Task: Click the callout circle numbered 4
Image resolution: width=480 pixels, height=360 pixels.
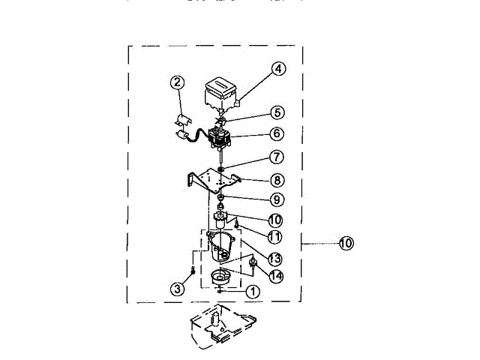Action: click(278, 69)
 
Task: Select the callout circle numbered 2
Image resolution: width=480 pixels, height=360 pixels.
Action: click(177, 82)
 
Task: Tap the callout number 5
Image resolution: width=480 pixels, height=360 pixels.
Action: click(277, 112)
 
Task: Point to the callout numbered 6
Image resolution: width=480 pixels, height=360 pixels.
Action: click(277, 133)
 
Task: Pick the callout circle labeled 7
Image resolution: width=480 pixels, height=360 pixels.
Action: click(277, 157)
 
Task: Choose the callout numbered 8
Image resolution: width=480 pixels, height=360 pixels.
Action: click(277, 180)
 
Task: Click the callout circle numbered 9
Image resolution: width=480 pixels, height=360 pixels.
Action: click(277, 199)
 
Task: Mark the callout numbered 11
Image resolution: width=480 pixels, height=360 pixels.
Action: click(275, 237)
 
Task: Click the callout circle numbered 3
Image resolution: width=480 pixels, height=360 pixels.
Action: click(177, 289)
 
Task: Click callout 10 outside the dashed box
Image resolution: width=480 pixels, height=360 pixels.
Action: click(346, 243)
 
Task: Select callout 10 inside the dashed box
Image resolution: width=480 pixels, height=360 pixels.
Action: click(275, 220)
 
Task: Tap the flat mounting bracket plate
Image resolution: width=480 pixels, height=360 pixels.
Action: click(214, 179)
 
